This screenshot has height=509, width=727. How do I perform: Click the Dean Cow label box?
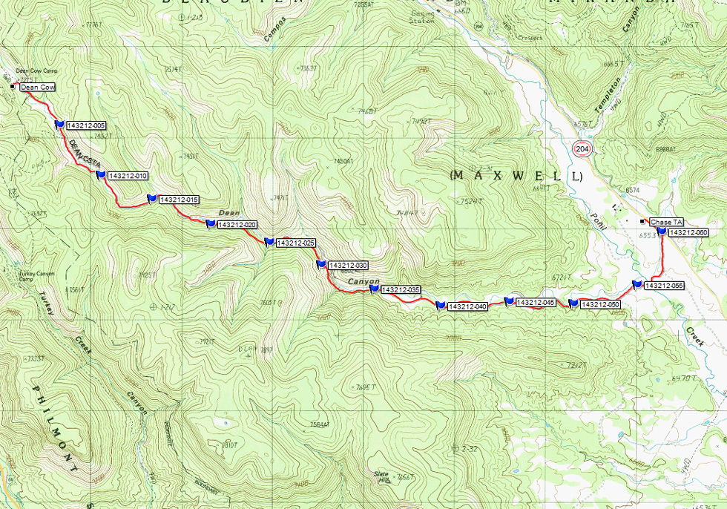tap(37, 88)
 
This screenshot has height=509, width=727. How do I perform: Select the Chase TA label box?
tap(665, 222)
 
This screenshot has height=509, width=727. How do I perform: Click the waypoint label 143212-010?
tap(128, 176)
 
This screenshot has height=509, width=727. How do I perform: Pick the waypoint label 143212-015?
tap(179, 200)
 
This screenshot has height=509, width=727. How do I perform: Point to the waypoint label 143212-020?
tap(238, 225)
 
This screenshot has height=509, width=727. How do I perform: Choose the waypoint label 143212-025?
tap(296, 243)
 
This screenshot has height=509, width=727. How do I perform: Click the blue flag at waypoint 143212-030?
tap(320, 263)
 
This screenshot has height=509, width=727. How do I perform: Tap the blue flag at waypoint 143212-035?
tap(374, 289)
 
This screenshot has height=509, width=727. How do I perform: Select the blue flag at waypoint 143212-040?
tap(440, 305)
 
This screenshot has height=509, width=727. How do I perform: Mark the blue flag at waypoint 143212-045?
tap(508, 301)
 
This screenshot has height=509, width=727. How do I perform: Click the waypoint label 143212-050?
tap(600, 304)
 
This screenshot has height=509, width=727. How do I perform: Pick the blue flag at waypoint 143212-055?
tap(636, 284)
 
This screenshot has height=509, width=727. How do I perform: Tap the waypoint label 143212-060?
tap(688, 233)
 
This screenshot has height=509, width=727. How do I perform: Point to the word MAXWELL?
tap(516, 176)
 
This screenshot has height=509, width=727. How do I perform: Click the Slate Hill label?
tap(381, 476)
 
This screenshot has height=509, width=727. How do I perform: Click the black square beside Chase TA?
tap(642, 222)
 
